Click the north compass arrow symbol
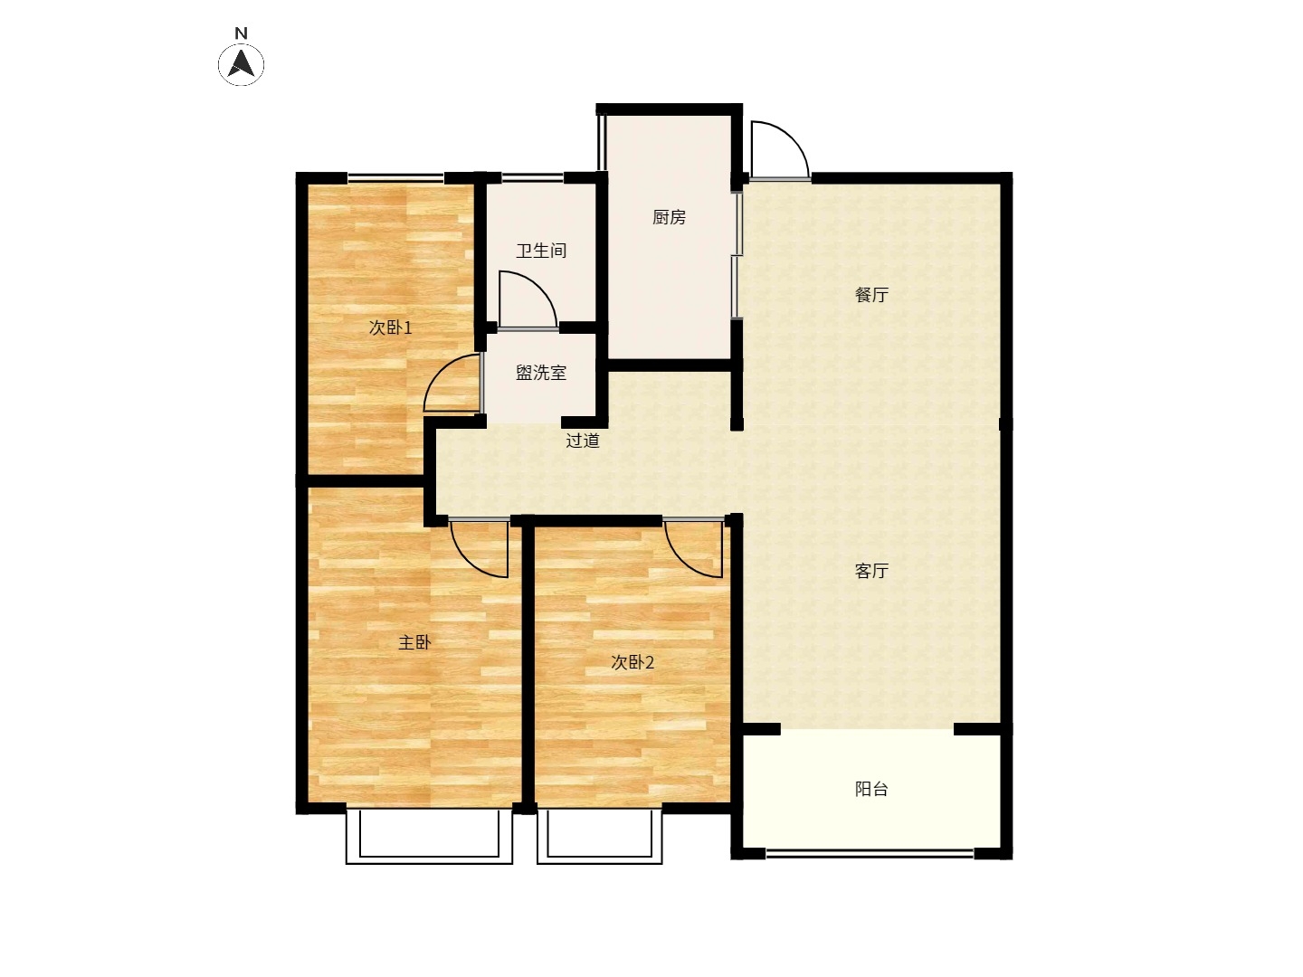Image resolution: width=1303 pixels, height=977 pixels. tap(241, 64)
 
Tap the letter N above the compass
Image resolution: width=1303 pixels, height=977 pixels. tap(241, 33)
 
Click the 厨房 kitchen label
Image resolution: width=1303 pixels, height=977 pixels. tap(669, 218)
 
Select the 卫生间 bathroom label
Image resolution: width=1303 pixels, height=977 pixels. tap(541, 251)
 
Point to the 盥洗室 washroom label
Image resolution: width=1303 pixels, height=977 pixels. tap(541, 373)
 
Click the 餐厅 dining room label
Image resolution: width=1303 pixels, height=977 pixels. tap(871, 295)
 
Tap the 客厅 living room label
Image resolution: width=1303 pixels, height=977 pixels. tap(871, 571)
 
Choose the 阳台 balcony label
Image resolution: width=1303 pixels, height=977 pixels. tap(871, 789)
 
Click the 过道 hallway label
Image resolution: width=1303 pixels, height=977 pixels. tap(583, 441)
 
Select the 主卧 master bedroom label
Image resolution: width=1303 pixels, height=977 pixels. tap(414, 642)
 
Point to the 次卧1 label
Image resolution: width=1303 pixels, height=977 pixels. tap(390, 327)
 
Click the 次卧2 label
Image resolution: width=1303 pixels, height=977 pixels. tap(632, 662)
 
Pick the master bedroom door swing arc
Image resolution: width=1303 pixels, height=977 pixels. tap(469, 562)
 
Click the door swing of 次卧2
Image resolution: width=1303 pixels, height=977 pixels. tap(682, 562)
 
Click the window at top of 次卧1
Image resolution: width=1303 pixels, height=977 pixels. tap(395, 176)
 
